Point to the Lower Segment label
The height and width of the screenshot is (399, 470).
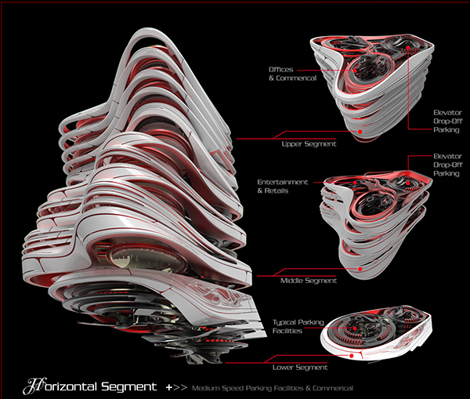pos(300,366)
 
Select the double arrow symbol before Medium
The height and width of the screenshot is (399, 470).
pos(180,387)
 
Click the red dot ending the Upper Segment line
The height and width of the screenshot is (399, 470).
pos(360,132)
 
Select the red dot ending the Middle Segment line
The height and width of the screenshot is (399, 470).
pos(360,268)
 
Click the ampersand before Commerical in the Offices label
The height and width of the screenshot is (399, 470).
pos(271,78)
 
